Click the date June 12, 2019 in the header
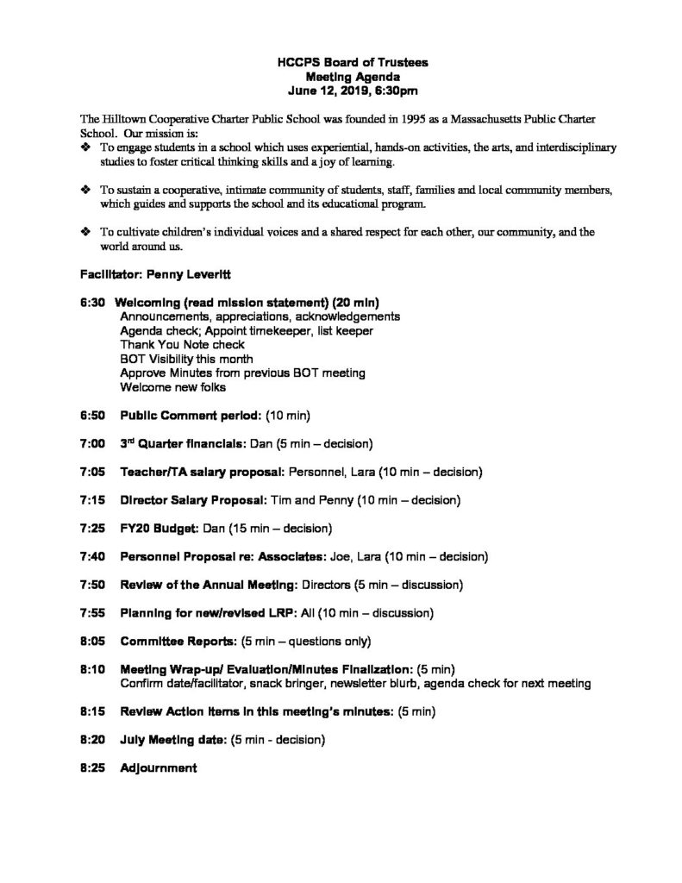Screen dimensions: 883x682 322,89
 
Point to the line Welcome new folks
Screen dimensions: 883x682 172,386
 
